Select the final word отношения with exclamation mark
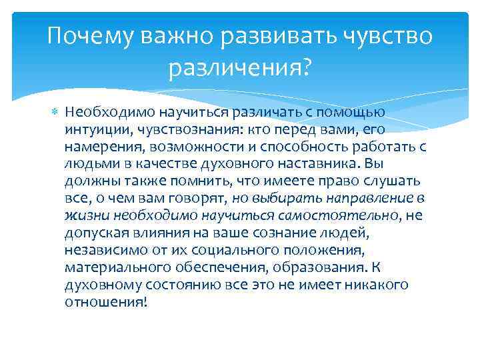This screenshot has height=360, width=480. tap(105, 302)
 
